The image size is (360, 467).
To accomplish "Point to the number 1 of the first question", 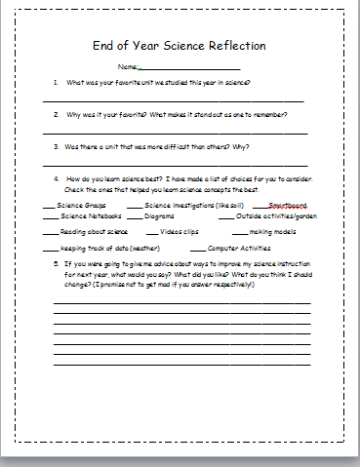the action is coord(56,84).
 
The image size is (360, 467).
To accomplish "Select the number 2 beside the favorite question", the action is coord(56,115).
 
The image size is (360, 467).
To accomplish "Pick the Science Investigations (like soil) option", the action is coord(193,206).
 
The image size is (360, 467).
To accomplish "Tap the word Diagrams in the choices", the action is coord(159,216).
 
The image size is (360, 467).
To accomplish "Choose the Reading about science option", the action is coord(94,233).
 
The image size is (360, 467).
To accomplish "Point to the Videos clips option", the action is coord(179,233).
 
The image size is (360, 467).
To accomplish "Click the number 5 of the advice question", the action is coord(56,264).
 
